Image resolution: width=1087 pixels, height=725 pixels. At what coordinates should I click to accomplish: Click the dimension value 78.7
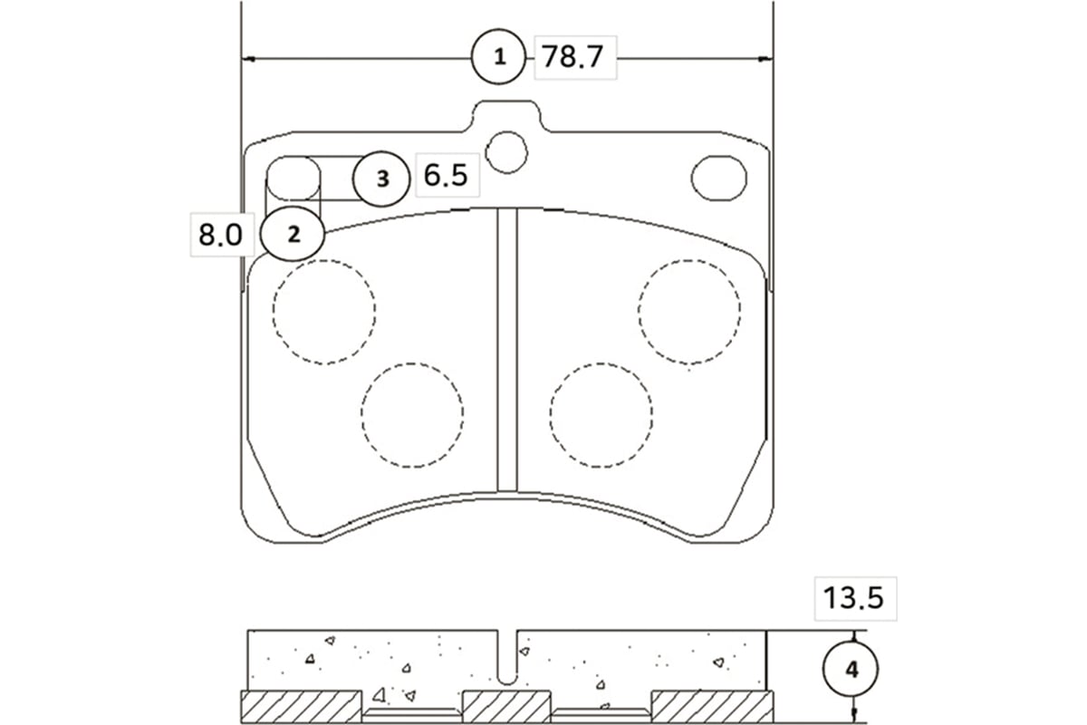pos(572,56)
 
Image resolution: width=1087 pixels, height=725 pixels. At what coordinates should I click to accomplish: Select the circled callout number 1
pos(499,57)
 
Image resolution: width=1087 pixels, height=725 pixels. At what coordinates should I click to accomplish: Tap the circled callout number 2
pos(293,234)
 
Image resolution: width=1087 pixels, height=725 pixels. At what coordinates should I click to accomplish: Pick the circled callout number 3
pos(382,179)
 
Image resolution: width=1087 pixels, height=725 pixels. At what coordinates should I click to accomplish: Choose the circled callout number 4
pos(851,670)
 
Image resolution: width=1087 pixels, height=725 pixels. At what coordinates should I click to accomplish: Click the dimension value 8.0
pos(220,235)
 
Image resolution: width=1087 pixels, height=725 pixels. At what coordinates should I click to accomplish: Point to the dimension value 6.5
pos(446,175)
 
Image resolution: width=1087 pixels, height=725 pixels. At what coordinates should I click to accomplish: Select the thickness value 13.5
pos(853,598)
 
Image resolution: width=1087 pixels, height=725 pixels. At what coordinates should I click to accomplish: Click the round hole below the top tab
pos(506,152)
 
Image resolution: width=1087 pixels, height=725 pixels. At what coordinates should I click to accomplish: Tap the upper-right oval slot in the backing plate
pos(718,178)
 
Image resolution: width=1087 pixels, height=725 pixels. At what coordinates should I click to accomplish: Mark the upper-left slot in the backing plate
pos(293,178)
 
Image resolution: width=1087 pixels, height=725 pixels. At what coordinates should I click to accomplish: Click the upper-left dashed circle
pos(323,312)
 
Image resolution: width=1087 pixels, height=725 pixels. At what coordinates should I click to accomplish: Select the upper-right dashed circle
pos(689,312)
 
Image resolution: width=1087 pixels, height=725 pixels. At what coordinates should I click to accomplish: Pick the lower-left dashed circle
pos(412,415)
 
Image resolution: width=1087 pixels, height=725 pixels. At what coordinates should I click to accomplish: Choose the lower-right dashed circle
pos(601,415)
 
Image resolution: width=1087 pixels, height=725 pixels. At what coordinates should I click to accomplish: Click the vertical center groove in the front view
pos(507,350)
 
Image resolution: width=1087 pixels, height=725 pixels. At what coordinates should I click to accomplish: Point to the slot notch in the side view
pos(507,657)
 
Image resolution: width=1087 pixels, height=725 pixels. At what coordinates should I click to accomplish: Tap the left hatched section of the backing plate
pos(302,707)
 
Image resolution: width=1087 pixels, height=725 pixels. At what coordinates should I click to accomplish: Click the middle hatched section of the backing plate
pos(506,707)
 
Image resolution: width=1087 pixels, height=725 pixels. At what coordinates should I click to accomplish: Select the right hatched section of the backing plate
pos(712,707)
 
